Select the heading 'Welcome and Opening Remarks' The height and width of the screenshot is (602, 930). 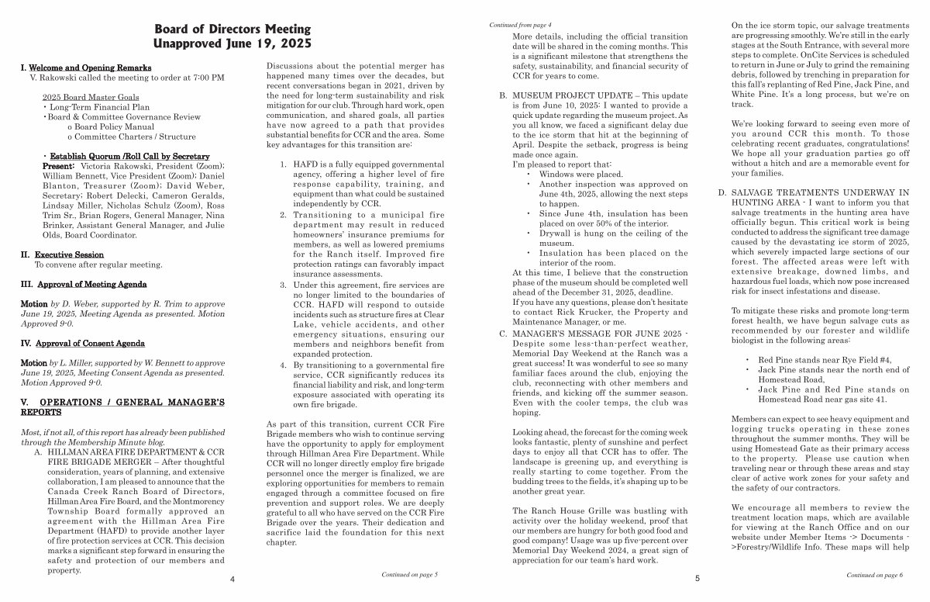click(90, 68)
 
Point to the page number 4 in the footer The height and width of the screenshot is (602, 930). click(232, 579)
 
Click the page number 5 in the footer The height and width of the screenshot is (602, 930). click(697, 579)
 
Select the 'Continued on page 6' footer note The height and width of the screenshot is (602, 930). click(874, 575)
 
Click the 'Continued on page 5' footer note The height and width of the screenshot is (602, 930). click(409, 575)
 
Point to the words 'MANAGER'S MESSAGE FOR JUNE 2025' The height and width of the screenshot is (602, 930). click(594, 334)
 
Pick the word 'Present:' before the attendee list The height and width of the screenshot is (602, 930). click(58, 166)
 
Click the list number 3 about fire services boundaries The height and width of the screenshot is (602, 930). click(284, 286)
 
